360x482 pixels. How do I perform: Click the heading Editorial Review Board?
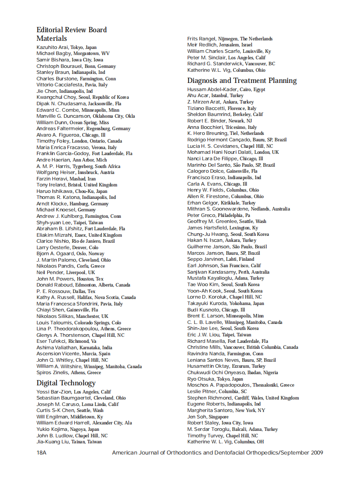pyautogui.click(x=71, y=30)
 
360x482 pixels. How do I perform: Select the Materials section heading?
pyautogui.click(x=52, y=39)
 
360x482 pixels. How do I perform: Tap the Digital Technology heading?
pyautogui.click(x=66, y=383)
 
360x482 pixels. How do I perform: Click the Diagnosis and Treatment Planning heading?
pyautogui.click(x=242, y=80)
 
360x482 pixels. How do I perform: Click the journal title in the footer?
pyautogui.click(x=217, y=452)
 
